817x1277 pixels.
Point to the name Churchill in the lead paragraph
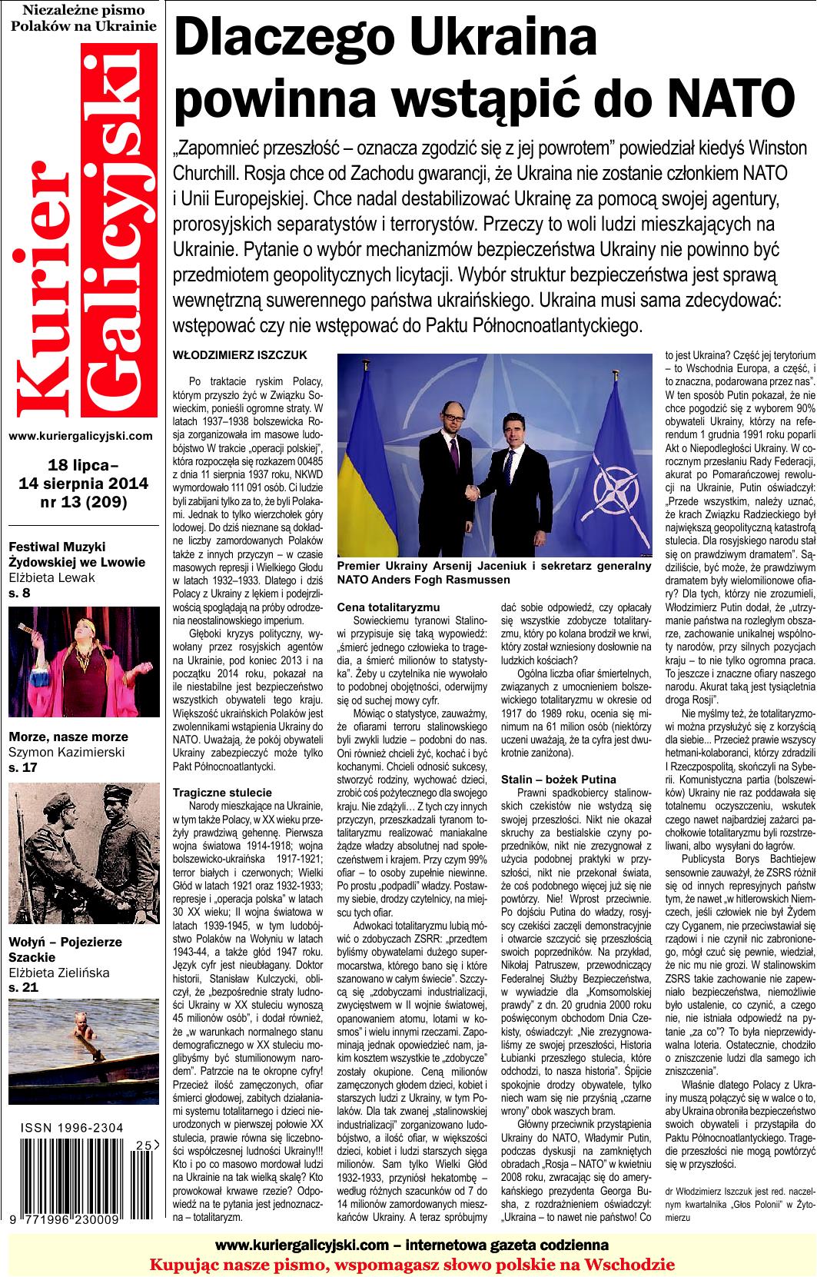(211, 171)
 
